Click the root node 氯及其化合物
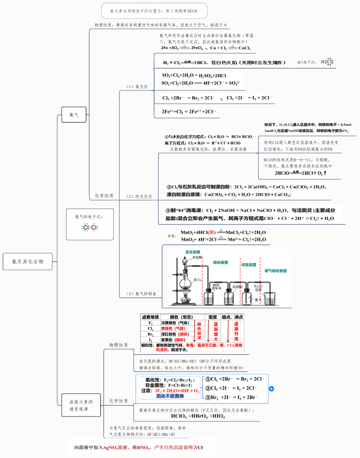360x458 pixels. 27,262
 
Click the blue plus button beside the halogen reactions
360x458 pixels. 271,388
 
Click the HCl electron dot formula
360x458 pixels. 326,62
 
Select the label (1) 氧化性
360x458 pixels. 137,87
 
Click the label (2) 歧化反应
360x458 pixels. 139,196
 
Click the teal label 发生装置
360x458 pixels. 193,252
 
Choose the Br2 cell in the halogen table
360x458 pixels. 150,334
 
